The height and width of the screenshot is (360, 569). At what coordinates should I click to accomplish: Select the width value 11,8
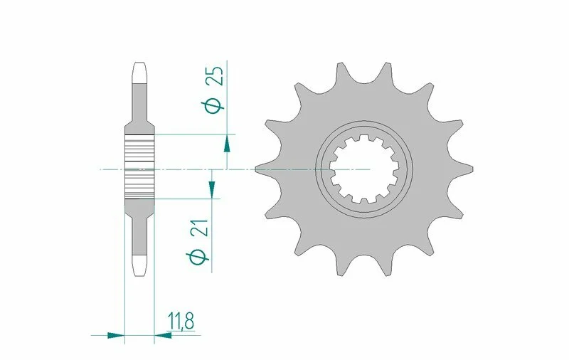tap(181, 322)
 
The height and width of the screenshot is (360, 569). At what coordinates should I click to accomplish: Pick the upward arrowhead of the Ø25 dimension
tap(227, 144)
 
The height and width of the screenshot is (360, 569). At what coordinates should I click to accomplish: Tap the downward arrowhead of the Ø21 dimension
tap(212, 188)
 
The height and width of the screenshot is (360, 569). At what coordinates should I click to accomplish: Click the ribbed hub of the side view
tap(139, 165)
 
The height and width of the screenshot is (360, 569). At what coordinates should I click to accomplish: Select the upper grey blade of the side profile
tap(139, 107)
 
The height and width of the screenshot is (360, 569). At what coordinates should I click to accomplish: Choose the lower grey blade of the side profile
tap(139, 228)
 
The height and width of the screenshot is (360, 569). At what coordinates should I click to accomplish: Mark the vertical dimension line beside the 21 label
tap(212, 235)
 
